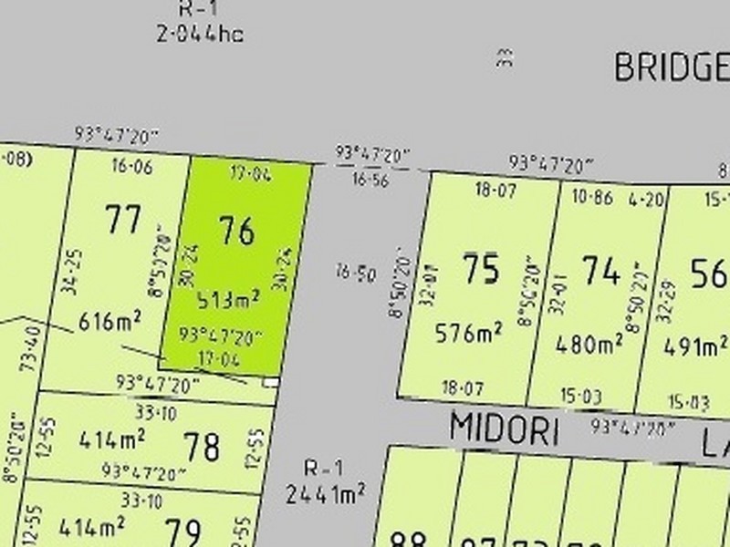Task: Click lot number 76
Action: pyautogui.click(x=235, y=231)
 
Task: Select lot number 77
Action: pyautogui.click(x=123, y=220)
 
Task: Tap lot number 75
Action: pyautogui.click(x=480, y=270)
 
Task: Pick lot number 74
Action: pyautogui.click(x=600, y=271)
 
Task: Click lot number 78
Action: pyautogui.click(x=201, y=447)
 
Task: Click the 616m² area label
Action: pyautogui.click(x=109, y=322)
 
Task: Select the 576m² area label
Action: pyautogui.click(x=470, y=334)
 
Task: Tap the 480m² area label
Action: pyautogui.click(x=590, y=344)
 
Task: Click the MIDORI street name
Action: pyautogui.click(x=504, y=429)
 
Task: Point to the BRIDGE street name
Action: pyautogui.click(x=671, y=67)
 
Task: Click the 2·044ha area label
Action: pyautogui.click(x=199, y=36)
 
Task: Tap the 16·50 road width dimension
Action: pyautogui.click(x=355, y=273)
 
